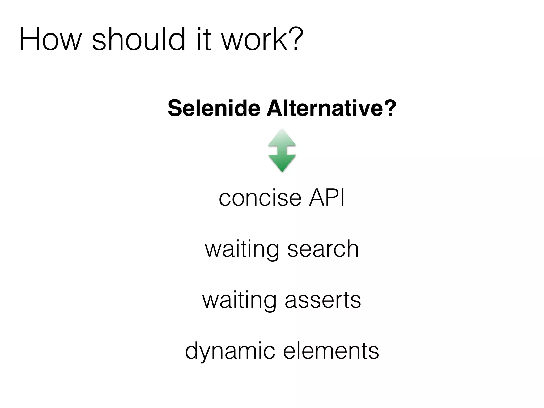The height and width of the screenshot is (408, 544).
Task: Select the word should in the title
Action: (138, 39)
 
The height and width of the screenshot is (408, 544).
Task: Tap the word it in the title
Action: (204, 39)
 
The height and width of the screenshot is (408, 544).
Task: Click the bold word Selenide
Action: (214, 108)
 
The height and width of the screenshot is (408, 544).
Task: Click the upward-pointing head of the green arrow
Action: (282, 138)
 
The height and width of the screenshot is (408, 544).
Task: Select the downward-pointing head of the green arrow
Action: (282, 163)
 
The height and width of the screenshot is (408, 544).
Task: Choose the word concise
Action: (260, 198)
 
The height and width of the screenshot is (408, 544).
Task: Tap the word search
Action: (323, 249)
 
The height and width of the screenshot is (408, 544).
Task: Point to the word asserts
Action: (323, 300)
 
